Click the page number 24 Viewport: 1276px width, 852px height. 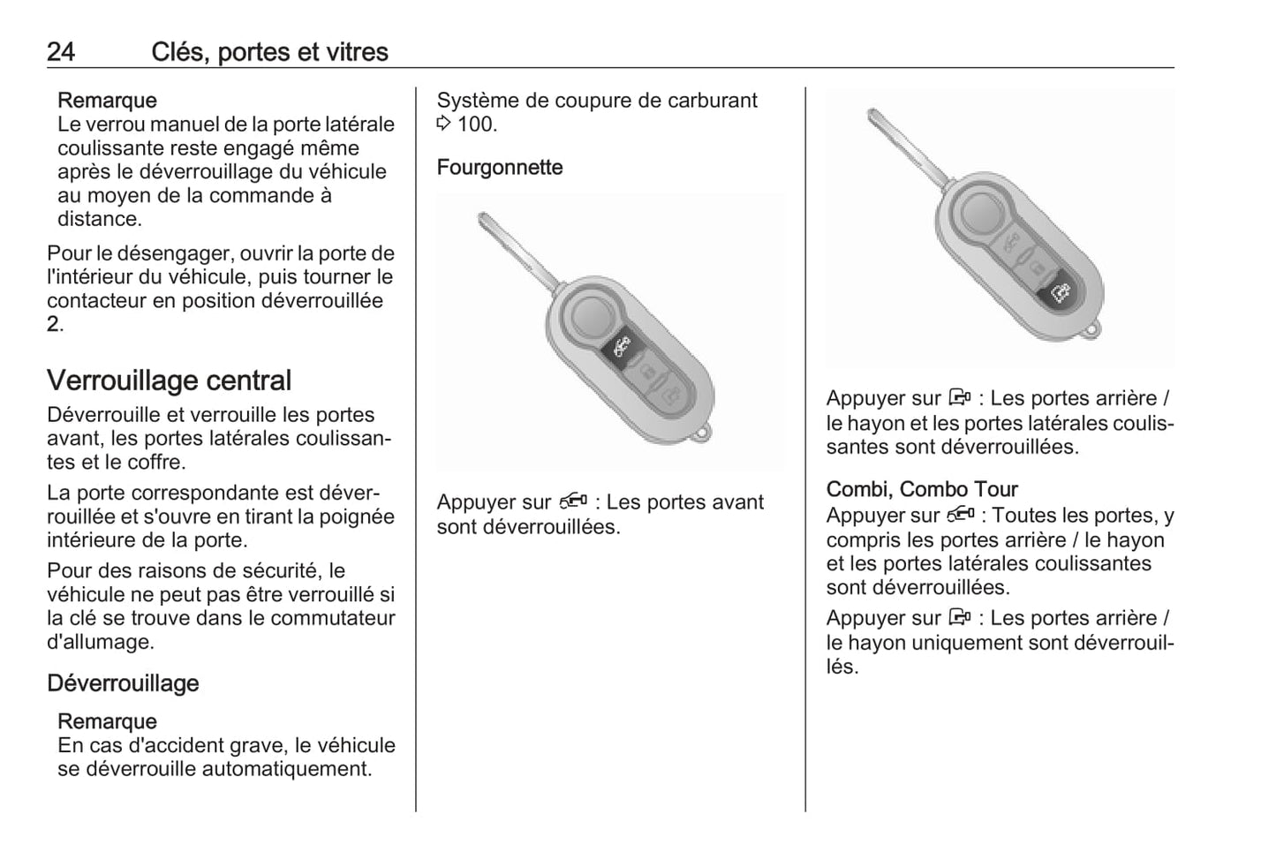point(61,52)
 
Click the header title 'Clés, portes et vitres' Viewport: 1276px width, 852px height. point(269,52)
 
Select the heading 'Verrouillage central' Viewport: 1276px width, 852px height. point(169,381)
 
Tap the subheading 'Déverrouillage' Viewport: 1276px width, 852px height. point(123,683)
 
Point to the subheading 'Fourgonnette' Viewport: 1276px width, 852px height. point(499,168)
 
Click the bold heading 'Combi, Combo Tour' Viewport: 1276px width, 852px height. point(922,489)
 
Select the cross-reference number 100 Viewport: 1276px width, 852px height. point(477,124)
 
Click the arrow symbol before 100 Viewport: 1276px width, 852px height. point(444,124)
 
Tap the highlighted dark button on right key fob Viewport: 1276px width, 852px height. point(1060,292)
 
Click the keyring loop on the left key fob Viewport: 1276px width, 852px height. point(703,434)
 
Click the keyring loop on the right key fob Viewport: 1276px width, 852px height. point(1093,331)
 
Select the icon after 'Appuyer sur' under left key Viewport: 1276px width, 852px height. point(572,502)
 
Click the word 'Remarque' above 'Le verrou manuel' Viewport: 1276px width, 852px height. point(107,101)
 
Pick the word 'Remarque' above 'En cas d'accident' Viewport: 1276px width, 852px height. point(107,721)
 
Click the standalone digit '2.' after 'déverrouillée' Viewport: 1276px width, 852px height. point(55,325)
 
